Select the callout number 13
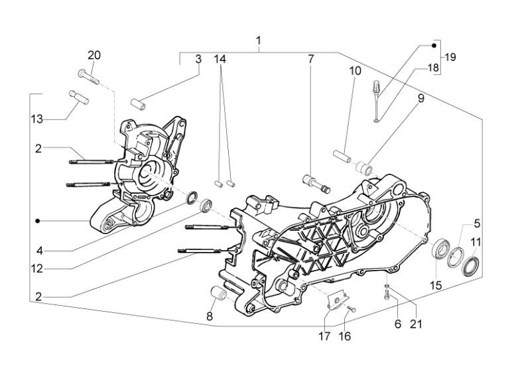(x=37, y=119)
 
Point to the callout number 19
(x=450, y=57)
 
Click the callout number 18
(x=432, y=68)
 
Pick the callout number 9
(x=420, y=99)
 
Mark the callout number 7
(x=310, y=59)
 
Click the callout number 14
(x=220, y=59)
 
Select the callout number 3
(x=198, y=59)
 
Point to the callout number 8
(x=210, y=316)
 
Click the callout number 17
(x=324, y=336)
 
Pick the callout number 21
(x=416, y=324)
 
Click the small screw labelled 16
(x=351, y=309)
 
